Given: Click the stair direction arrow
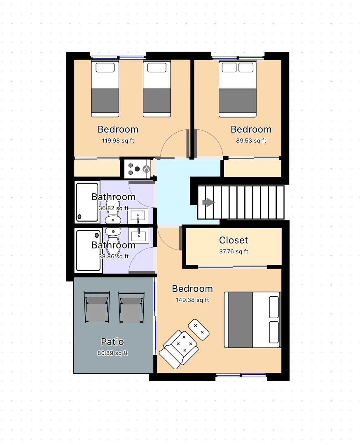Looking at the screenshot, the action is (x=208, y=202).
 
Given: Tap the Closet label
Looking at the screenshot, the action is (x=234, y=240).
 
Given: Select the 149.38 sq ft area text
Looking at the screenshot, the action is (x=192, y=300).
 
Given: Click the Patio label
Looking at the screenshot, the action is (x=112, y=342).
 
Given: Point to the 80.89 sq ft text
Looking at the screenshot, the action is (x=112, y=353).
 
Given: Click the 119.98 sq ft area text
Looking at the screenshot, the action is (x=118, y=141).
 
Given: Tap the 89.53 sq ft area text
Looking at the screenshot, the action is (x=251, y=141).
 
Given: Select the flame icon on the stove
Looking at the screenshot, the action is (x=146, y=169).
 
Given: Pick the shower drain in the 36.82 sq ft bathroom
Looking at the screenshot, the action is (x=79, y=217).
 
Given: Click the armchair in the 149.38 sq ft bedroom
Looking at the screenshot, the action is (x=179, y=349).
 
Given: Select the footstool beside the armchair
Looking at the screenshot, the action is (x=199, y=330).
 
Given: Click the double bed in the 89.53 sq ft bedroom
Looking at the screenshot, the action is (x=237, y=89).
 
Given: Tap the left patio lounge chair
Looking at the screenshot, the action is (x=97, y=307).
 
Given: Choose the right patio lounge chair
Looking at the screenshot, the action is (x=131, y=308).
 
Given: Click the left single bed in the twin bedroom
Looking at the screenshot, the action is (x=105, y=89).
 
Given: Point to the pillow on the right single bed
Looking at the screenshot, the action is (x=157, y=68).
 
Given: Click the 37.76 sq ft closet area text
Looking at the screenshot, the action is (x=234, y=251).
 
